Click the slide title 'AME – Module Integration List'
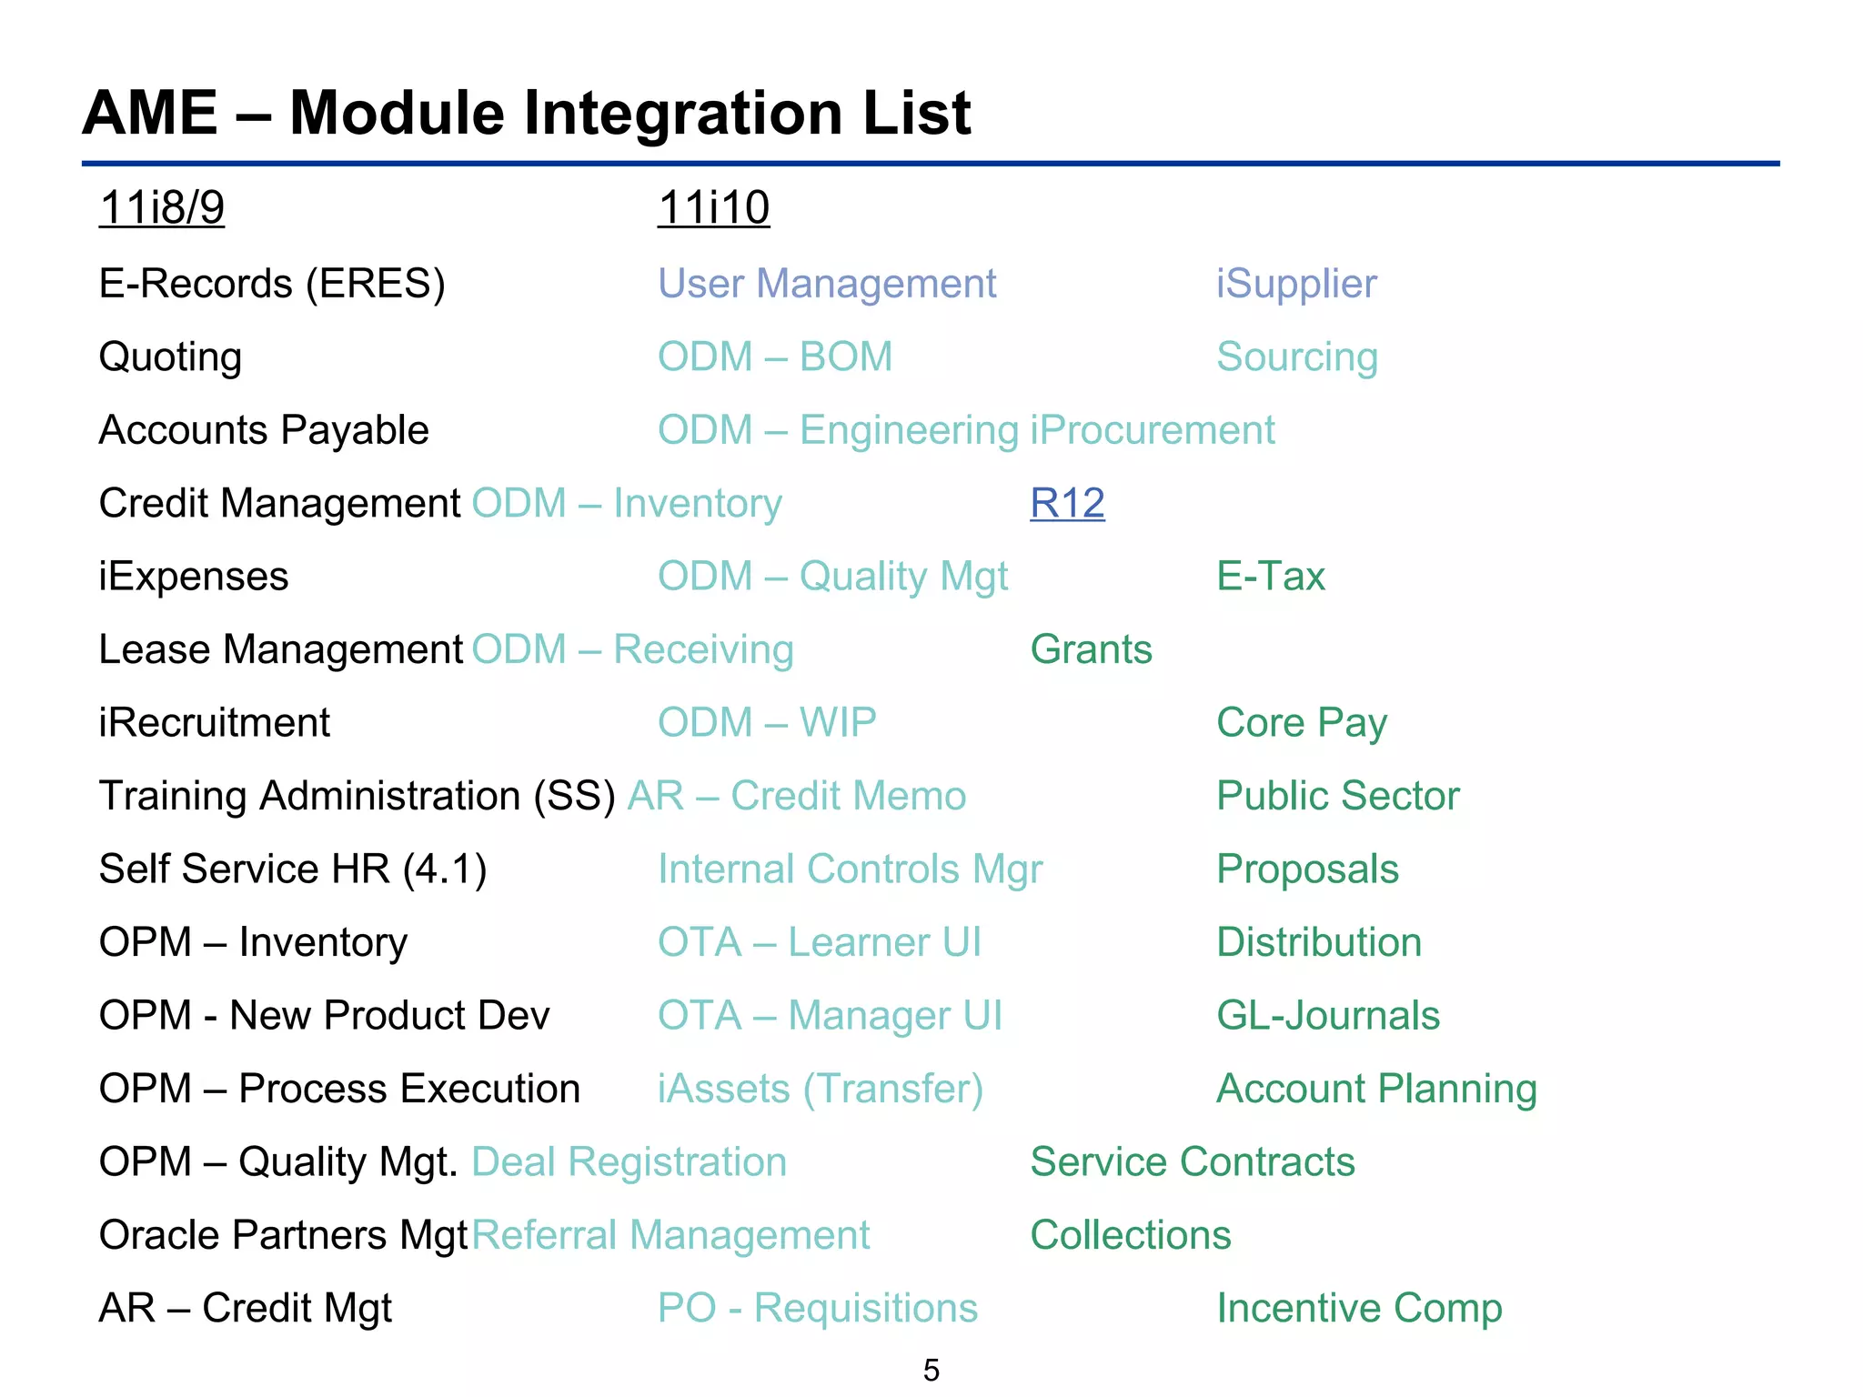pyautogui.click(x=527, y=114)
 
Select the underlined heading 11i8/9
pyautogui.click(x=162, y=207)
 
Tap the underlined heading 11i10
pyautogui.click(x=713, y=207)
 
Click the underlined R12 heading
pyautogui.click(x=1067, y=503)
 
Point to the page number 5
pyautogui.click(x=931, y=1370)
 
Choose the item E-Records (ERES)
pyautogui.click(x=272, y=284)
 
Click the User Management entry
pyautogui.click(x=827, y=284)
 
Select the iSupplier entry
pyautogui.click(x=1296, y=284)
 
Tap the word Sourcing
pyautogui.click(x=1297, y=357)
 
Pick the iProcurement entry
pyautogui.click(x=1153, y=430)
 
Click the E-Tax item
pyautogui.click(x=1271, y=577)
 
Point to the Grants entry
pyautogui.click(x=1091, y=649)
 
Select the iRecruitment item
pyautogui.click(x=214, y=723)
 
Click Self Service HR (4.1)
pyautogui.click(x=293, y=869)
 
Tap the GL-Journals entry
pyautogui.click(x=1328, y=1016)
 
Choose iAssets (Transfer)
pyautogui.click(x=821, y=1089)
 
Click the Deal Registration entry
pyautogui.click(x=629, y=1162)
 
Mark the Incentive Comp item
pyautogui.click(x=1359, y=1309)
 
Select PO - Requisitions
pyautogui.click(x=818, y=1309)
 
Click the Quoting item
pyautogui.click(x=170, y=357)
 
